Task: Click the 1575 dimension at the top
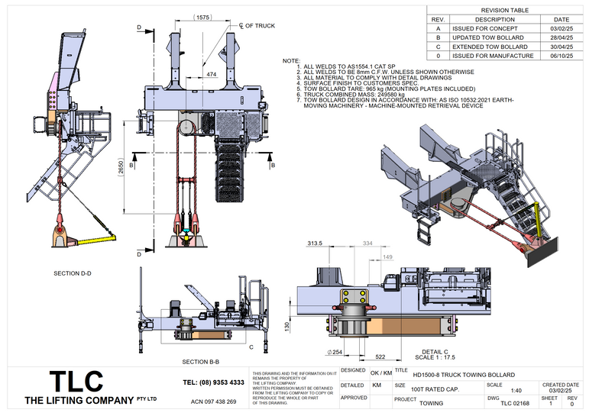point(203,17)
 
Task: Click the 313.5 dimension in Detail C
point(315,243)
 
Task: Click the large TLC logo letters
point(76,382)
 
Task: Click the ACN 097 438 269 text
point(213,401)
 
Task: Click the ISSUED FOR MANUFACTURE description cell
point(494,55)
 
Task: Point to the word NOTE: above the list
point(291,60)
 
